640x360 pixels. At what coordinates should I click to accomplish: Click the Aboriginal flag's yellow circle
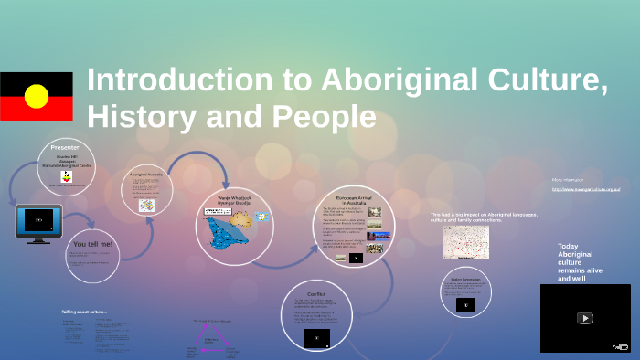coord(37,96)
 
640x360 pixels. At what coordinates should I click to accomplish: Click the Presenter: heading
coord(66,147)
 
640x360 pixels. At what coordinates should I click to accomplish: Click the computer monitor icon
coord(38,222)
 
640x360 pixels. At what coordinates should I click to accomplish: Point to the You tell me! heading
coord(91,244)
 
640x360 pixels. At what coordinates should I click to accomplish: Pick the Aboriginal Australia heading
coord(145,173)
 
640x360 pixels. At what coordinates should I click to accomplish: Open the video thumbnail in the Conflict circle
coord(316,337)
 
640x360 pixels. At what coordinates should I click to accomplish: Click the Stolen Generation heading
coord(465,277)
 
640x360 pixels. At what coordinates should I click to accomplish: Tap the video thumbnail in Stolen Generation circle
coord(465,304)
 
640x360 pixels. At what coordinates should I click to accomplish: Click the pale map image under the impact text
coord(465,242)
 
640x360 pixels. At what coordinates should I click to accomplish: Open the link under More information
coord(586,189)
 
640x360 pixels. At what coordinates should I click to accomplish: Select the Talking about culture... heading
coord(84,312)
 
